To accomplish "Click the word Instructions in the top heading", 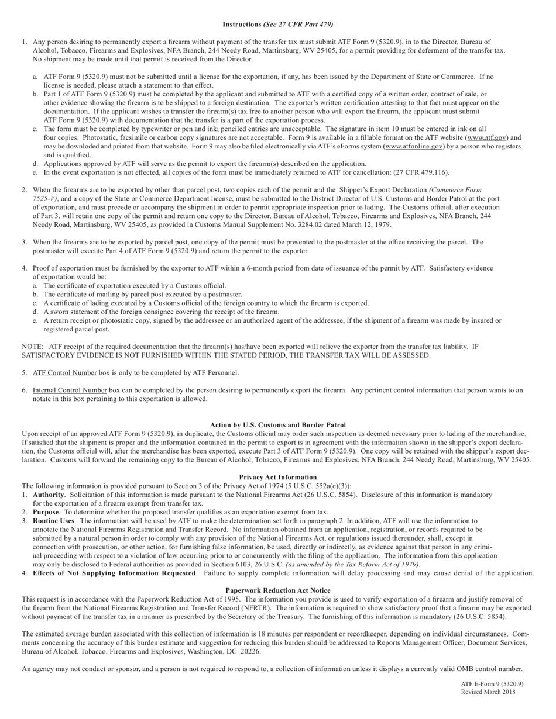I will (242, 25).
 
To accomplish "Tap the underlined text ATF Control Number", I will (64, 373).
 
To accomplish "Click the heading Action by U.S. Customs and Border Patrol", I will (278, 425).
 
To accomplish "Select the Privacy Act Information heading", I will (278, 477).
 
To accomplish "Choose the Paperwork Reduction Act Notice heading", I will (278, 590).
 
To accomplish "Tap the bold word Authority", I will (48, 495).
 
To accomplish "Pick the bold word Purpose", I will (46, 512).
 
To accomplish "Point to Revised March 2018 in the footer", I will (488, 692).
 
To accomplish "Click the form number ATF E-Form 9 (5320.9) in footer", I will (492, 684).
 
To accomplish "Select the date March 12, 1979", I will (368, 224).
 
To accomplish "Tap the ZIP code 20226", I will (249, 651).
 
